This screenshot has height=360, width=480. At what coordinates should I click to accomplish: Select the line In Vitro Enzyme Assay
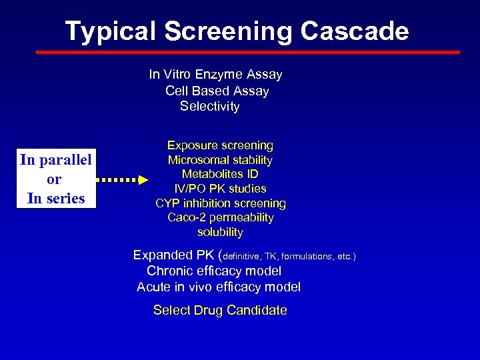(215, 75)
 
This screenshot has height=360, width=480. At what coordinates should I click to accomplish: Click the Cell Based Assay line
(217, 91)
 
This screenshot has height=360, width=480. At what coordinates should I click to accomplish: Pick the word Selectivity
(209, 107)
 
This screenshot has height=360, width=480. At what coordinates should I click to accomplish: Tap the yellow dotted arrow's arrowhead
(143, 180)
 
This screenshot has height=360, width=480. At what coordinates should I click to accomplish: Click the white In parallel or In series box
(56, 179)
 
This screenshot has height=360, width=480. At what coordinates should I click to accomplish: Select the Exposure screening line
(220, 145)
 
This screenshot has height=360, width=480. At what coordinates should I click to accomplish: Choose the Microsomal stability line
(220, 160)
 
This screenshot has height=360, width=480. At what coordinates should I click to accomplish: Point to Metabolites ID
(220, 175)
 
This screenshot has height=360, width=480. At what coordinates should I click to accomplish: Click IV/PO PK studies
(220, 189)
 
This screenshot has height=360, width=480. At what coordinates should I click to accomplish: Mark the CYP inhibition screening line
(220, 203)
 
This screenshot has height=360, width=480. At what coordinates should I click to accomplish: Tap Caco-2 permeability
(220, 218)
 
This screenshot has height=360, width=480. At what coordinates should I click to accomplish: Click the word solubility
(220, 233)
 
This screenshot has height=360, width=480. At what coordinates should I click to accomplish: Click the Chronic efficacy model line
(214, 271)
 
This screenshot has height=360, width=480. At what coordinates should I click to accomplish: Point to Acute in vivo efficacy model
(219, 287)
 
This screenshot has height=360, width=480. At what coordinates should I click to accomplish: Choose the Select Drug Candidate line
(220, 310)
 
